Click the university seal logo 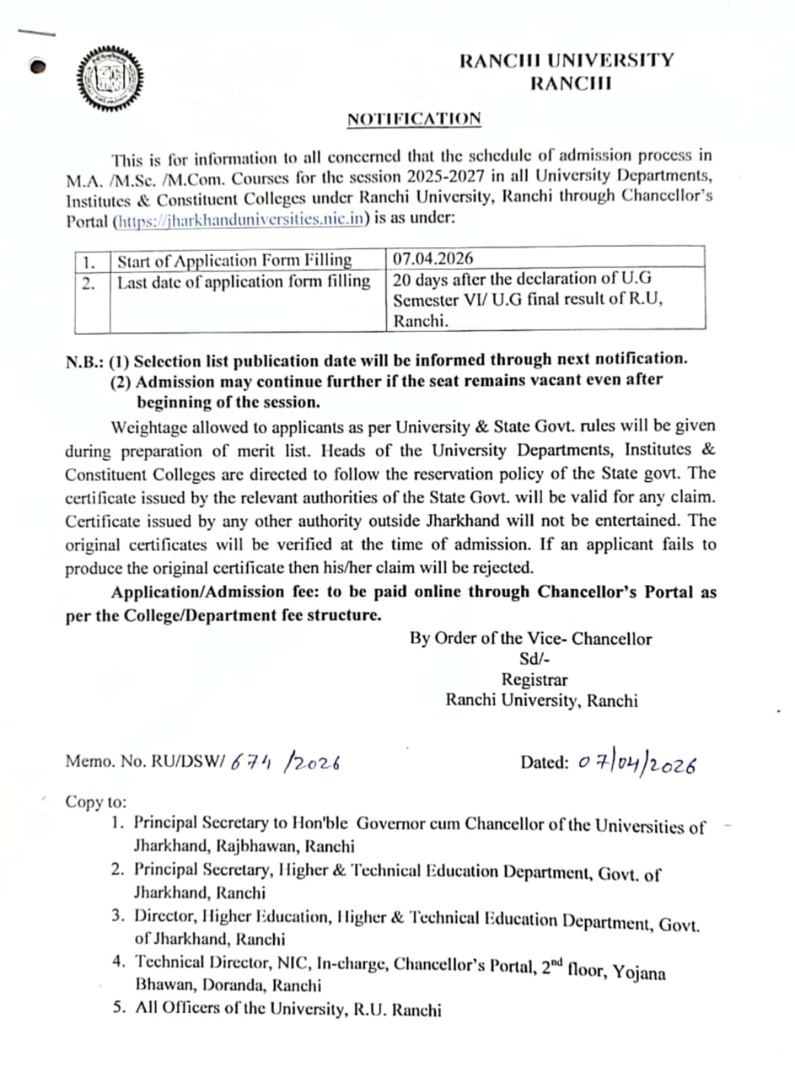tap(110, 79)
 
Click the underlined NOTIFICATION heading tap(414, 119)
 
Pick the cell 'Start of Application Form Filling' tap(234, 260)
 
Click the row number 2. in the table tap(88, 284)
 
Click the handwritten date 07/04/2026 tap(637, 764)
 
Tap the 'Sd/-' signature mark tap(534, 659)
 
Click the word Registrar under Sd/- tap(534, 680)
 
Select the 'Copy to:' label tap(96, 802)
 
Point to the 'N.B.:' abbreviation tap(85, 362)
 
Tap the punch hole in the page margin tap(38, 67)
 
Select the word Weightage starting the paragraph tap(149, 427)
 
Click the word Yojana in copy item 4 tap(639, 972)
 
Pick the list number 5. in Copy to tap(119, 1008)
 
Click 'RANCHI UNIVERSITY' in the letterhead tap(566, 60)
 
